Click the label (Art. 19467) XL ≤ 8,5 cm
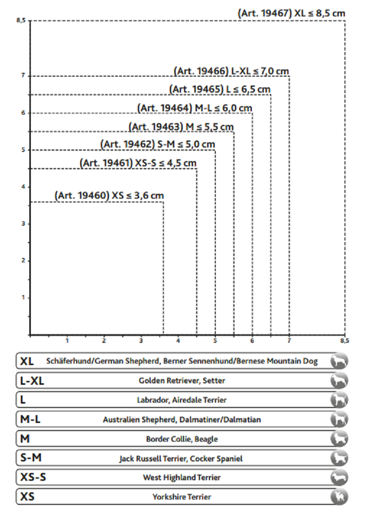click(x=292, y=14)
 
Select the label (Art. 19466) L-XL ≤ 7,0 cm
click(x=231, y=71)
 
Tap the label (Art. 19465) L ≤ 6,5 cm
click(x=220, y=89)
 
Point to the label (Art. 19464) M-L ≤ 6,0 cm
click(x=195, y=108)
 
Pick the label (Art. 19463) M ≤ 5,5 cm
click(x=181, y=126)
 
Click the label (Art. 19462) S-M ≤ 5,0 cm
click(x=158, y=144)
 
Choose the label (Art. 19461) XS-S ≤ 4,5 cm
click(x=138, y=163)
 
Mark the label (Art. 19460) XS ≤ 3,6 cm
click(x=109, y=196)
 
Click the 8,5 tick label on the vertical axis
click(x=20, y=21)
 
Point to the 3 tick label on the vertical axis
click(x=23, y=224)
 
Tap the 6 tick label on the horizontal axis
click(x=252, y=341)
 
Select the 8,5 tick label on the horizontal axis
click(x=344, y=341)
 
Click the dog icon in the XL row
click(x=339, y=361)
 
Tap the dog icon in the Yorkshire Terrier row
click(x=339, y=497)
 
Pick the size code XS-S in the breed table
click(x=33, y=477)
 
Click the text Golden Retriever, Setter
click(x=182, y=381)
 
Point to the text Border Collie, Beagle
click(x=182, y=439)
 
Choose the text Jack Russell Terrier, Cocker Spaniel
click(x=181, y=459)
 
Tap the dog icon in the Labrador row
click(x=339, y=400)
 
